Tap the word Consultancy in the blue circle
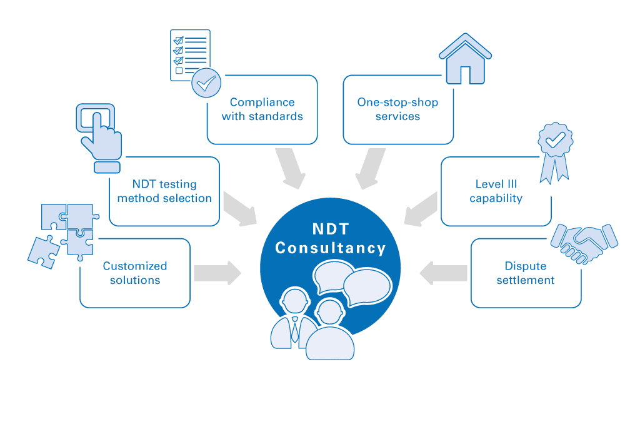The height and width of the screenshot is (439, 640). tap(331, 248)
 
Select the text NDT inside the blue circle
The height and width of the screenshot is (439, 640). tap(331, 229)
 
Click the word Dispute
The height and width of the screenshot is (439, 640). tap(526, 266)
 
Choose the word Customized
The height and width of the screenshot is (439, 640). tap(135, 266)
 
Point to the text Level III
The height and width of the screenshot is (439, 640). tap(496, 184)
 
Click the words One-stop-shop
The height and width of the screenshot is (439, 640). tap(397, 102)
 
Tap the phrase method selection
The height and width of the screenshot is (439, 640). tap(164, 198)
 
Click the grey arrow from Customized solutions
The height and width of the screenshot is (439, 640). tap(217, 273)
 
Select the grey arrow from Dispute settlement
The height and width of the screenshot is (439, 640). tap(444, 273)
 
